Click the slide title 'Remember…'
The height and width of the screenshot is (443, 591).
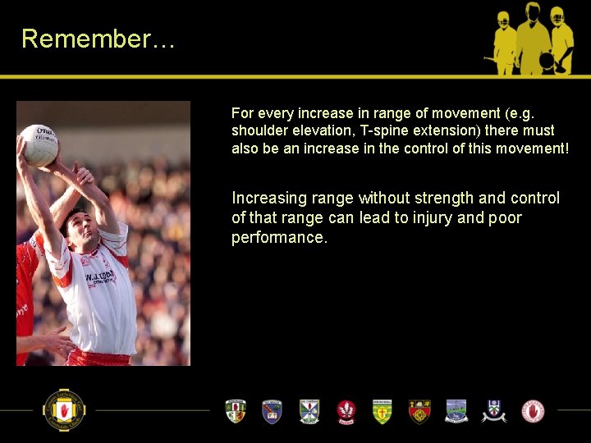click(98, 39)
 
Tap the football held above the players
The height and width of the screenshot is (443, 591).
click(39, 144)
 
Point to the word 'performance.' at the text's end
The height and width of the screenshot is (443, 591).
click(279, 238)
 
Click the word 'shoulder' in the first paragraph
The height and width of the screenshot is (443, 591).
click(257, 130)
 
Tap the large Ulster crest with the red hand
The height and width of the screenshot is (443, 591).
click(64, 409)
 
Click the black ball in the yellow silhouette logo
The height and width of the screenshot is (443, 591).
click(546, 60)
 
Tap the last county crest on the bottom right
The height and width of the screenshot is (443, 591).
click(533, 410)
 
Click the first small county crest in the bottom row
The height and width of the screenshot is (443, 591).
click(236, 410)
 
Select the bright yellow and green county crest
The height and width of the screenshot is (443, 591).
click(383, 410)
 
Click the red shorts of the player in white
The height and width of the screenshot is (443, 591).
click(98, 358)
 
